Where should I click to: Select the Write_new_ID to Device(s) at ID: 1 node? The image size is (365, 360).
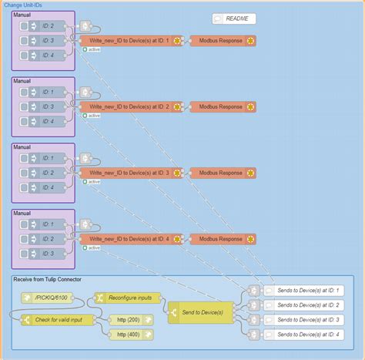(x=130, y=40)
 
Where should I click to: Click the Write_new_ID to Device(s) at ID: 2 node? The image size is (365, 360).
(x=130, y=106)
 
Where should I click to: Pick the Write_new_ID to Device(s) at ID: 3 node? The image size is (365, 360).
(x=130, y=173)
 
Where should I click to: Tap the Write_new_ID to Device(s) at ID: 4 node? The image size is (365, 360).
(x=130, y=239)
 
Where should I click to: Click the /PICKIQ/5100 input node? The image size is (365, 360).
(x=48, y=298)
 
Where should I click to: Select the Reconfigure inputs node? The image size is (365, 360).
(x=128, y=298)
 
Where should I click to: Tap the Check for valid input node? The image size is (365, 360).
(x=53, y=320)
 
